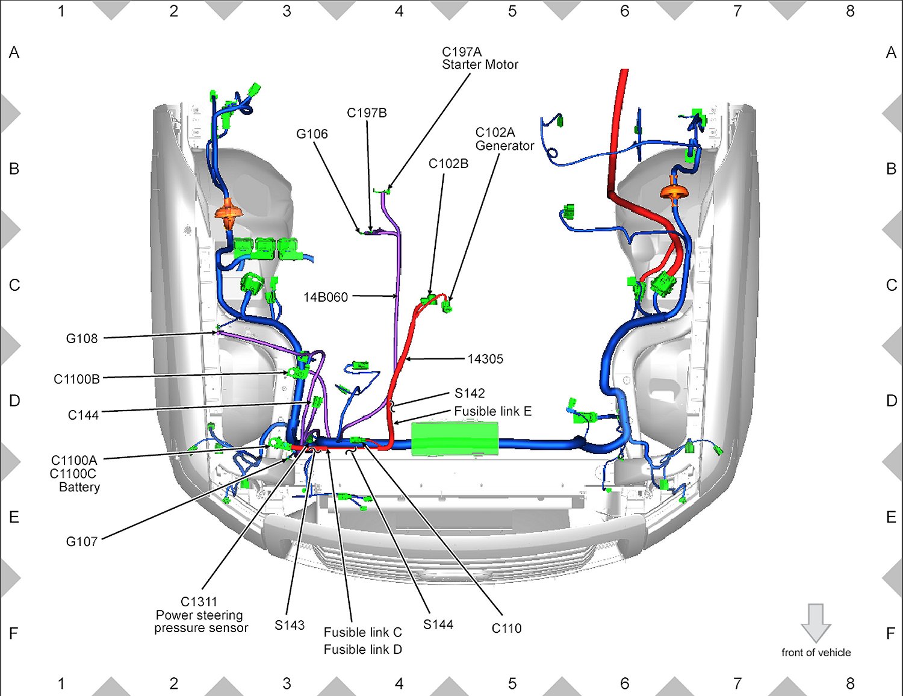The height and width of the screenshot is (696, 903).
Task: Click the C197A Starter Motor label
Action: pos(480,58)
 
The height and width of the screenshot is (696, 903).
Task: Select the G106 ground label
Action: pos(312,134)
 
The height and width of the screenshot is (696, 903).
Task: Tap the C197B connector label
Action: pos(367,113)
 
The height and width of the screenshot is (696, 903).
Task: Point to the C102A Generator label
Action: pos(504,139)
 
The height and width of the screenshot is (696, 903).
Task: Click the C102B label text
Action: pos(448,164)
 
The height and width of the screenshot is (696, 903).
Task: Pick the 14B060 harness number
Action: pos(326,297)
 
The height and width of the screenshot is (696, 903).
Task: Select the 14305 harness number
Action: pos(485,359)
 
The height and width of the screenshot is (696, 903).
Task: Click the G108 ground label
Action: pos(82,338)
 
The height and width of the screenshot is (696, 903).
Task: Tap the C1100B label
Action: pos(76,379)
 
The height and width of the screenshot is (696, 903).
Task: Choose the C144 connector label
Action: pos(83,415)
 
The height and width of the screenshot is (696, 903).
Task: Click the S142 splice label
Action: pos(470,393)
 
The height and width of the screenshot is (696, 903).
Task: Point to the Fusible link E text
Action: pos(493,411)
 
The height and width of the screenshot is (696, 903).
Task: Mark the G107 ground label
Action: pos(82,541)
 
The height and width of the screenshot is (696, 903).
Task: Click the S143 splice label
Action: pos(290,625)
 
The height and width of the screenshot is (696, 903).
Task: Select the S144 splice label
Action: pos(438,624)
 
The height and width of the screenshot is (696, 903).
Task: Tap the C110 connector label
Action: pos(507,628)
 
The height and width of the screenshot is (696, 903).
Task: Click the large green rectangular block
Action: pos(455,439)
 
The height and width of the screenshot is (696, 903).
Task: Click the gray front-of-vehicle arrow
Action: pos(816,623)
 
